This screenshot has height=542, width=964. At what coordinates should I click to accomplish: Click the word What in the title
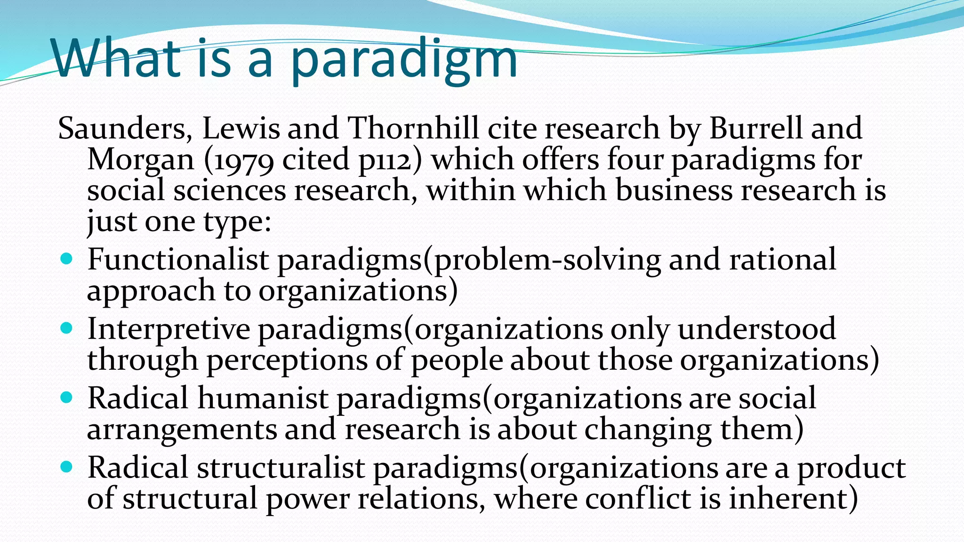pyautogui.click(x=116, y=58)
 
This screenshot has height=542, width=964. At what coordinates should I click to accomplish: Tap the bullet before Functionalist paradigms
pyautogui.click(x=67, y=258)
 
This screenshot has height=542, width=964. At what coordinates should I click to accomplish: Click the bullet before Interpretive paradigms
pyautogui.click(x=67, y=327)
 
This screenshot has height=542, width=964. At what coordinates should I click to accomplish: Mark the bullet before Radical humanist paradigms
pyautogui.click(x=67, y=398)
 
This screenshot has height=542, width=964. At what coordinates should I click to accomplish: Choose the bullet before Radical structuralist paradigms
pyautogui.click(x=67, y=467)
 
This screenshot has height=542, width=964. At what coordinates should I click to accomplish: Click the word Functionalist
pyautogui.click(x=178, y=259)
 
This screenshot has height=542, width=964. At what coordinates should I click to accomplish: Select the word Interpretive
pyautogui.click(x=169, y=329)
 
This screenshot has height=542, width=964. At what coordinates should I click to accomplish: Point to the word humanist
pyautogui.click(x=263, y=398)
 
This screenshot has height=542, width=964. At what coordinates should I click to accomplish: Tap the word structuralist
pyautogui.click(x=281, y=468)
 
